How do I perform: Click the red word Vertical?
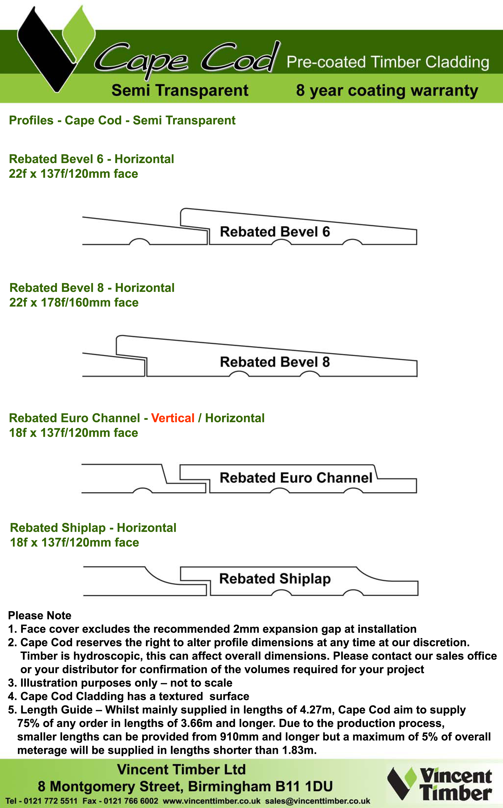click(173, 418)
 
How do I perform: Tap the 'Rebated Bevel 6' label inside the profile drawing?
click(275, 232)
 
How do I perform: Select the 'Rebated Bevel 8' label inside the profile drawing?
click(275, 362)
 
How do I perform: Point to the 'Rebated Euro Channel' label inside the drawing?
click(296, 478)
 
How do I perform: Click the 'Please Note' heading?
click(40, 615)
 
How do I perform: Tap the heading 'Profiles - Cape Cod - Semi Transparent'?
click(122, 120)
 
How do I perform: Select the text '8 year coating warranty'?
click(387, 91)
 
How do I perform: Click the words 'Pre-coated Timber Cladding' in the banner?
click(388, 62)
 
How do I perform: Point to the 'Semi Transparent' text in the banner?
click(180, 90)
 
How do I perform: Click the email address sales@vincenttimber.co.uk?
click(318, 801)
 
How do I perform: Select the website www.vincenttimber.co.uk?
click(212, 801)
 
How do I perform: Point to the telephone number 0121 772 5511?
click(50, 801)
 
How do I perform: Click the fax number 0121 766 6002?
click(131, 801)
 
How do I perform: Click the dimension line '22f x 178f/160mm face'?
click(74, 302)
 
